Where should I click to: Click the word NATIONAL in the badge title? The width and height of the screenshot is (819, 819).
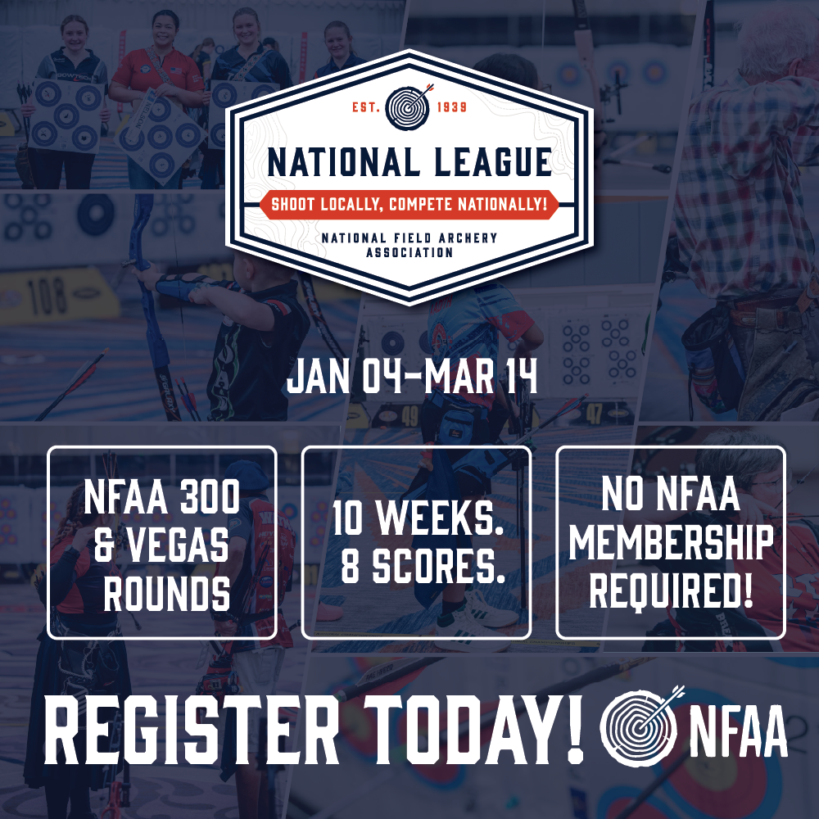pyautogui.click(x=344, y=161)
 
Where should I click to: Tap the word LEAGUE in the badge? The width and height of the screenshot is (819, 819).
pyautogui.click(x=492, y=161)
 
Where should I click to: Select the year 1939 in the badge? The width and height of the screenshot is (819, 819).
pyautogui.click(x=452, y=107)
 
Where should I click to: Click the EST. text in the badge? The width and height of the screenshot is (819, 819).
pyautogui.click(x=365, y=107)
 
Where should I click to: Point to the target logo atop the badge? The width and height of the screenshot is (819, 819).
pyautogui.click(x=409, y=107)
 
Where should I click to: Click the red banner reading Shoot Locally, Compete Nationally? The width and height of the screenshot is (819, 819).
pyautogui.click(x=409, y=204)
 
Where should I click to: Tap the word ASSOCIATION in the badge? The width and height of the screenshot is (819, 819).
pyautogui.click(x=409, y=252)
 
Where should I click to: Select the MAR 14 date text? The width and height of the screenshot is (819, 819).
pyautogui.click(x=481, y=377)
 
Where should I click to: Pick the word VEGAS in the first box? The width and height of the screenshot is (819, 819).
pyautogui.click(x=179, y=545)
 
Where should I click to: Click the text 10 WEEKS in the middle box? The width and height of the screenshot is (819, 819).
pyautogui.click(x=418, y=518)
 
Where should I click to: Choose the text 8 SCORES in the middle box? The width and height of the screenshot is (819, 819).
pyautogui.click(x=423, y=567)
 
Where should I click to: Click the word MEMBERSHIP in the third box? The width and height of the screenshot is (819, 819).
pyautogui.click(x=672, y=543)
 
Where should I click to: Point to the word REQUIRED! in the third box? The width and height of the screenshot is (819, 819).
pyautogui.click(x=672, y=590)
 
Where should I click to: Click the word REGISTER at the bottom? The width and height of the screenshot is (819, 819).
pyautogui.click(x=191, y=729)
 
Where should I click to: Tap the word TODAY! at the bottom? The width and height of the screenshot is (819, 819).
pyautogui.click(x=473, y=729)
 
